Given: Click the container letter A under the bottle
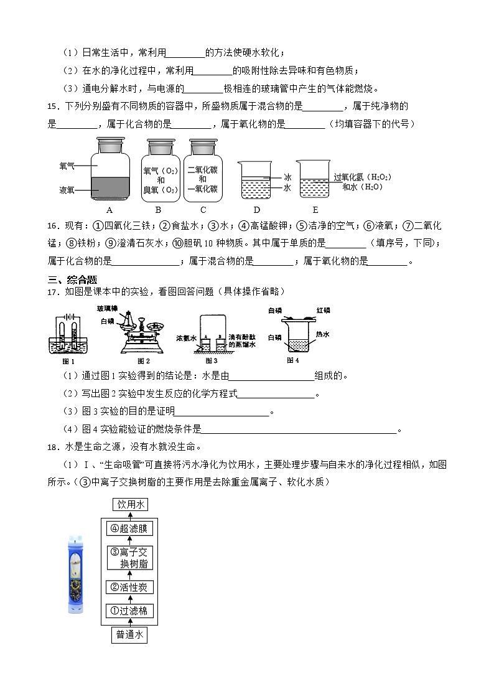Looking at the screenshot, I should pos(110,210).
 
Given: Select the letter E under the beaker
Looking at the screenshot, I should pos(315,210).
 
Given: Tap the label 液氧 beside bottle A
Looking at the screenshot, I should pos(67,190).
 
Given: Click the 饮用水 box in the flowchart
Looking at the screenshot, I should pos(130,504).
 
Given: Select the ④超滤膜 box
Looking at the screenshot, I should pos(130,528).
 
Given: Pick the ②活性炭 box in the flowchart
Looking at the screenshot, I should pos(130,587).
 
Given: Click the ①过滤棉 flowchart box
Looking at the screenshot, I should pos(130,611).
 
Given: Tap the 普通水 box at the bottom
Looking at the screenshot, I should pos(130,635).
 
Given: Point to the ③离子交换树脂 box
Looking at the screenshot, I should pos(130,558).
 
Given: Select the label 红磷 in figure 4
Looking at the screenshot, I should pos(323,310).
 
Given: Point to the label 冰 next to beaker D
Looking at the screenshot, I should pos(287,177).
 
